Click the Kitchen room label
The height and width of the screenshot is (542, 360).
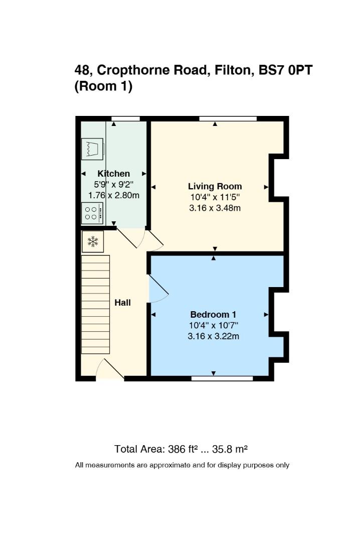click(x=114, y=174)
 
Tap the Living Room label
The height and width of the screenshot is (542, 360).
click(x=215, y=186)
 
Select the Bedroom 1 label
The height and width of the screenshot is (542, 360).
click(x=213, y=315)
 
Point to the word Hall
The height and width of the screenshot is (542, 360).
click(x=123, y=303)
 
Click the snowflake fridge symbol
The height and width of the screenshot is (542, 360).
click(x=93, y=241)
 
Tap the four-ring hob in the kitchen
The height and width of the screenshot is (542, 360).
click(x=92, y=213)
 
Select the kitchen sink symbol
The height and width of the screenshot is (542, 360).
click(x=92, y=149)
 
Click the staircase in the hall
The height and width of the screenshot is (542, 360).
click(x=95, y=305)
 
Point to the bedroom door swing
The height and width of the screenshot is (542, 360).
click(x=158, y=289)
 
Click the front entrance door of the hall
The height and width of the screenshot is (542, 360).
click(x=110, y=369)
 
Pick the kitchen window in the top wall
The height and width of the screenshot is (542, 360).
click(x=126, y=118)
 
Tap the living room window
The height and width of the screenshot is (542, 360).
click(x=228, y=118)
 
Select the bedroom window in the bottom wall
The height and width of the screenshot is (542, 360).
click(x=222, y=378)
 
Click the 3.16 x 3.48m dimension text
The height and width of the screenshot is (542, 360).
click(x=215, y=208)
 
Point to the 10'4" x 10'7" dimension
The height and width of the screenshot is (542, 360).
click(x=214, y=325)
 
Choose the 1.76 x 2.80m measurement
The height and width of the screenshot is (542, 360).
click(x=114, y=195)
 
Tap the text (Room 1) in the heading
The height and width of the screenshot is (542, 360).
click(x=103, y=86)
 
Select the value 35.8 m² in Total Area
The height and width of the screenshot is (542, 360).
click(x=230, y=449)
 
